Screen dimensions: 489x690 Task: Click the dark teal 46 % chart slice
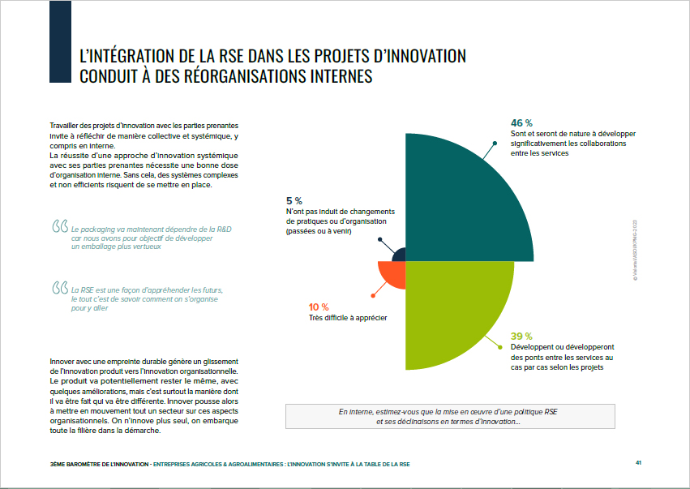tap(462, 203)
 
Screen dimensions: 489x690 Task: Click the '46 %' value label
tap(521, 122)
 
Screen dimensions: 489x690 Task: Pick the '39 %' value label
tap(521, 336)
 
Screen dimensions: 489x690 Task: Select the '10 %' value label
tap(319, 307)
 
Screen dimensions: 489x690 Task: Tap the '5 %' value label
tap(294, 200)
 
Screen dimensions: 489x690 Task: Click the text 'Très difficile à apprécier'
tap(347, 318)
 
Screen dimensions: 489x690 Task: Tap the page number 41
tap(639, 463)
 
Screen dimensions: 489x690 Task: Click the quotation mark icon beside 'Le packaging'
tap(59, 225)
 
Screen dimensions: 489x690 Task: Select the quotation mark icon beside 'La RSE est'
tap(59, 288)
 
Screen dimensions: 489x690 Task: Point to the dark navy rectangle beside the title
tap(61, 41)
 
